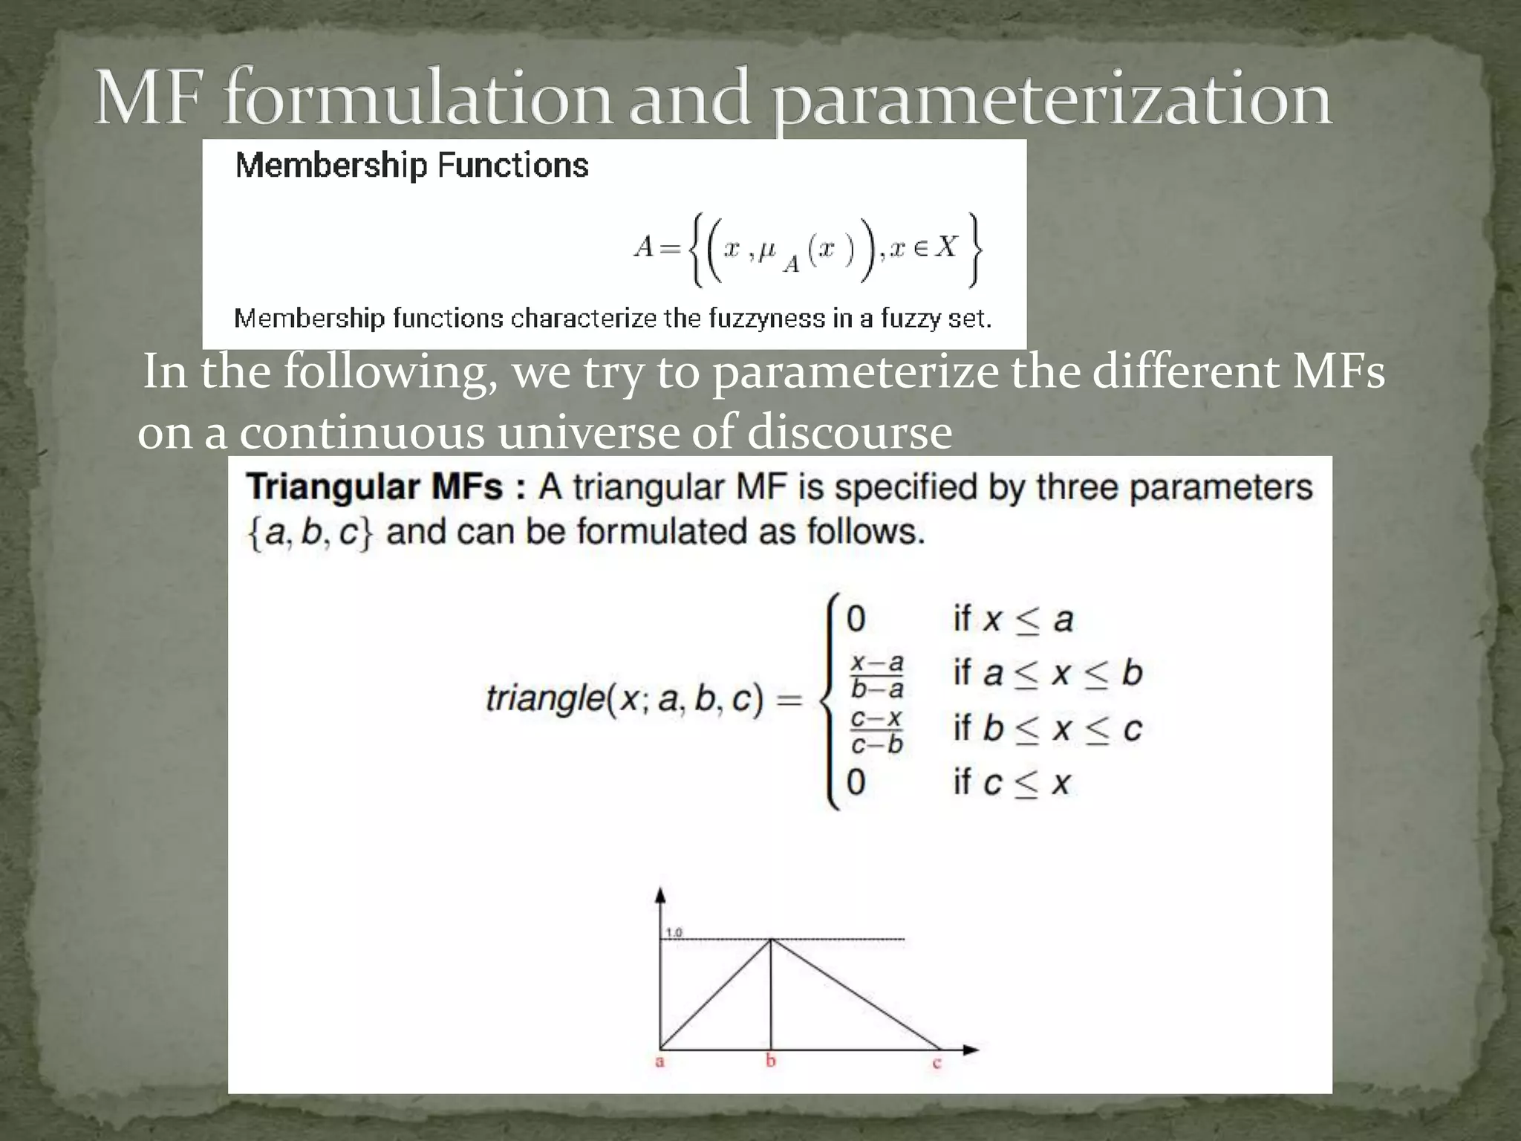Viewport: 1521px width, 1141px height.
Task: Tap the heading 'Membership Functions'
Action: tap(411, 165)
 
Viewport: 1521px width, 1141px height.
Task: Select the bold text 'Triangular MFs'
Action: tap(375, 488)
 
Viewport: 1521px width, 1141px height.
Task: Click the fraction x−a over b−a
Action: tap(877, 675)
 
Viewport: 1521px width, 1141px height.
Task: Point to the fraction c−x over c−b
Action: tap(877, 731)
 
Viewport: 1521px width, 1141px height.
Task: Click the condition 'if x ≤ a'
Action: tap(1013, 619)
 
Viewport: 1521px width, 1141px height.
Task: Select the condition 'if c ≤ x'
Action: tap(1012, 782)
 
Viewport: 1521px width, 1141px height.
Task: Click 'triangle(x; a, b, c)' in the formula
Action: tap(625, 698)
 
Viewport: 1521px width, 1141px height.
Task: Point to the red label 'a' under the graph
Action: tap(659, 1062)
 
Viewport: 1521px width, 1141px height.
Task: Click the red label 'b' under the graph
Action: tap(771, 1061)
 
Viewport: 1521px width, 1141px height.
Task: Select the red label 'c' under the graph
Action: tap(937, 1063)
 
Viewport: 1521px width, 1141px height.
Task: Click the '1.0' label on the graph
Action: tap(674, 932)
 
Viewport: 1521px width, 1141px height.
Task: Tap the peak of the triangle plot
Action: tap(771, 940)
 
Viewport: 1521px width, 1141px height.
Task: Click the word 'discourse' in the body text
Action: tap(849, 432)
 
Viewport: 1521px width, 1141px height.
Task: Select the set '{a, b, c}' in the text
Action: tap(310, 533)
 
